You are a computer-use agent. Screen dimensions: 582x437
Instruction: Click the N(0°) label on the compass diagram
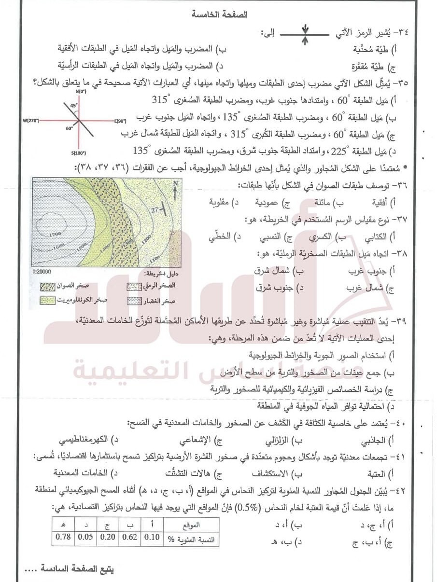[x=77, y=91]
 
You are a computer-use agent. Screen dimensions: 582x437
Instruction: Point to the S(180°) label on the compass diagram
[x=79, y=153]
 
